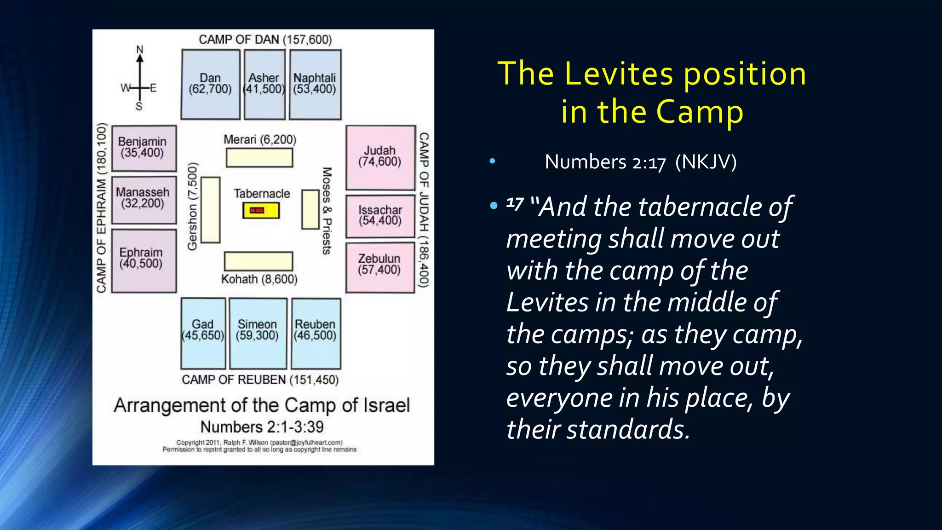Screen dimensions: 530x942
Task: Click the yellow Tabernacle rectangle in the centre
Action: pos(261,211)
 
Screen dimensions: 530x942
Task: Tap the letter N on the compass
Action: pos(140,49)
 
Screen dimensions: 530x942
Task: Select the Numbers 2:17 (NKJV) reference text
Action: pos(640,162)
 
